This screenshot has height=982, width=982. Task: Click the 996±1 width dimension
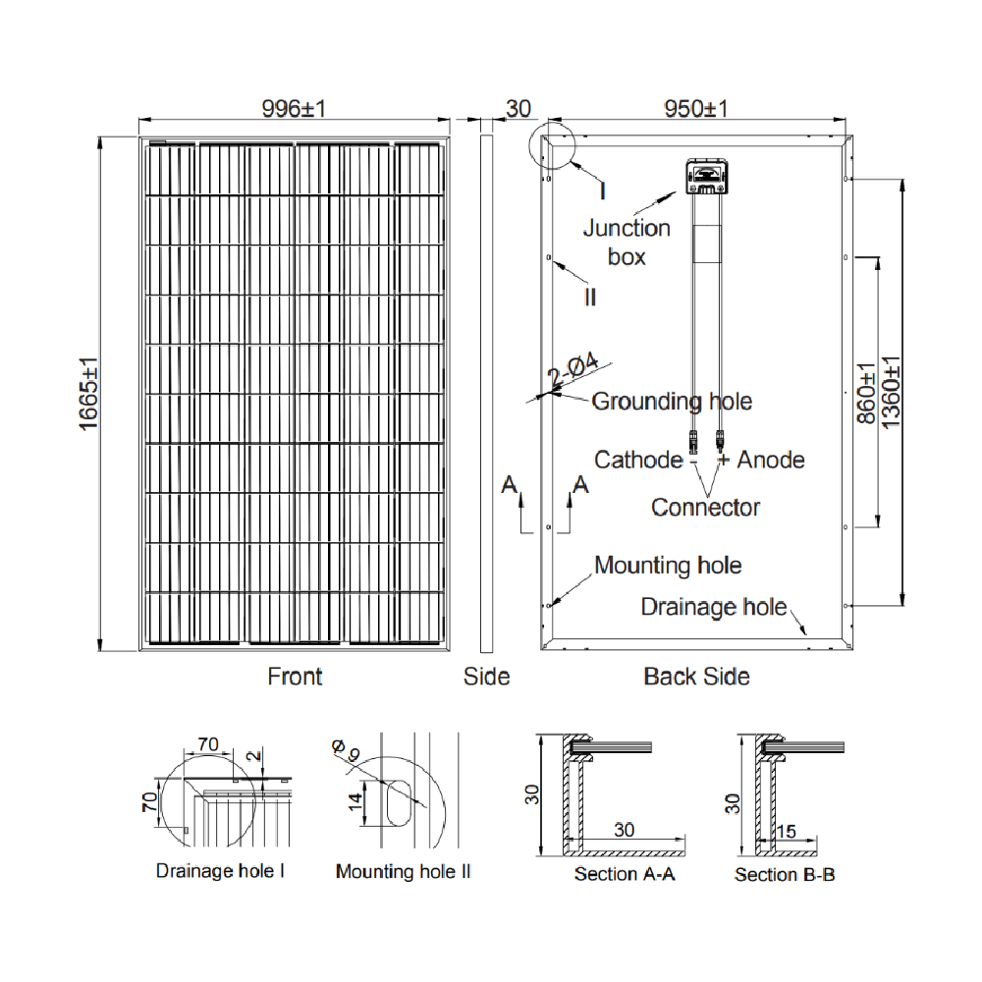coord(294,109)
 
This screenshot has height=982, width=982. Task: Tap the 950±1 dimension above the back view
coord(695,109)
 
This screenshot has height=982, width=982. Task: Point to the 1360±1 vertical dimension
coord(892,390)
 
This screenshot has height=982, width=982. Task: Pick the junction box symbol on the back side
coord(706,177)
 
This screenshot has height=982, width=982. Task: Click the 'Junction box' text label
coord(627,242)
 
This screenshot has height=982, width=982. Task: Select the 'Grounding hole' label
coord(672,401)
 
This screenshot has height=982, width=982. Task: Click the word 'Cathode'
coord(637,460)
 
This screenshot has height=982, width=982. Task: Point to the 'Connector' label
coord(705,507)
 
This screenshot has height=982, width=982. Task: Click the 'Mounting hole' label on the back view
coord(668,566)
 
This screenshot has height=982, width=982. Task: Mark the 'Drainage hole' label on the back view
coord(714,607)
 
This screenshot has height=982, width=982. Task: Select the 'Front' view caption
coord(295,677)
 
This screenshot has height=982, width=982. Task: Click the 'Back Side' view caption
coord(696,677)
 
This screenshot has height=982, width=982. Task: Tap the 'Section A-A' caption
coord(625,874)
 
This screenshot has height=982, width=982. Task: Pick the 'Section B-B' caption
coord(785,874)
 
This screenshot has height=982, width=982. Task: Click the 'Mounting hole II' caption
coord(403,871)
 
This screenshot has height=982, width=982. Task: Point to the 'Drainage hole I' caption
coord(220,871)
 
